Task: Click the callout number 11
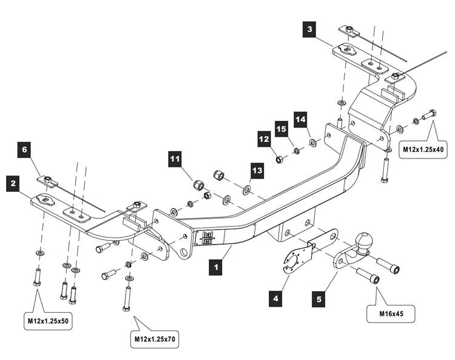[x=175, y=160]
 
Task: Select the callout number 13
[x=257, y=172]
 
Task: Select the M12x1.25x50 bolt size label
[x=49, y=320]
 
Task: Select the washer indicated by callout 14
[x=312, y=143]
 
